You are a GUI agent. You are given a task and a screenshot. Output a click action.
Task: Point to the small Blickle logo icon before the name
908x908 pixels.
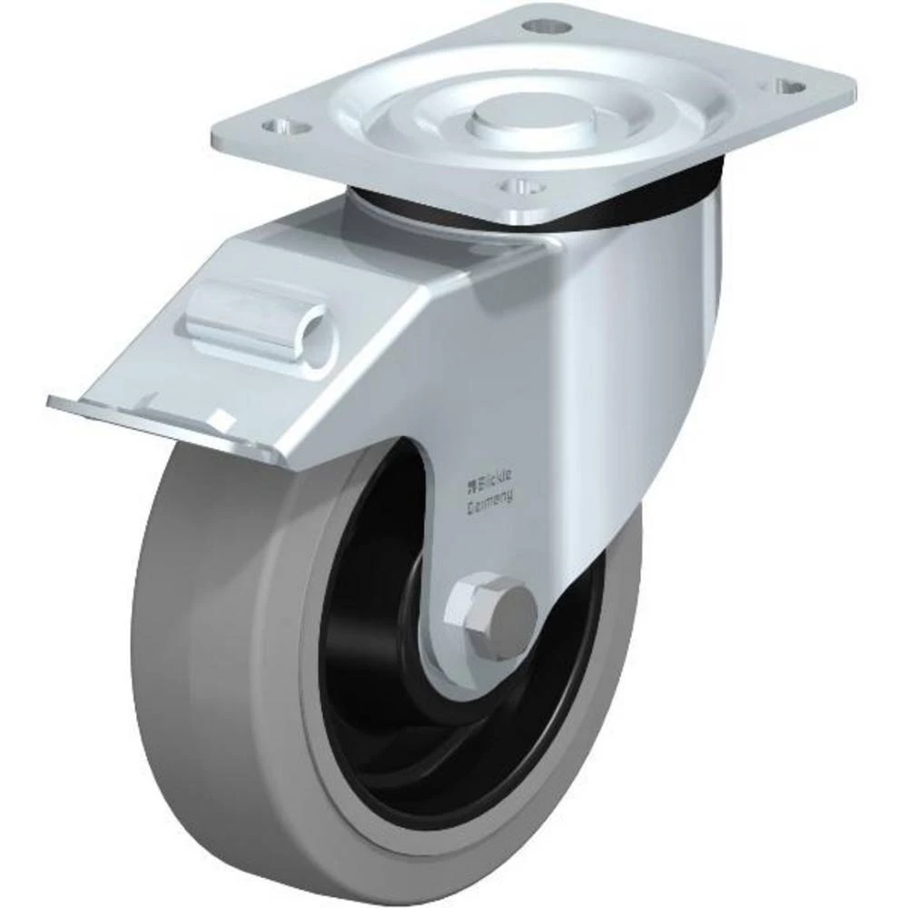click(471, 473)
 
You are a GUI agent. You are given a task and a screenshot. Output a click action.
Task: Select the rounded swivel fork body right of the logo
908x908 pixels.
click(627, 363)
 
